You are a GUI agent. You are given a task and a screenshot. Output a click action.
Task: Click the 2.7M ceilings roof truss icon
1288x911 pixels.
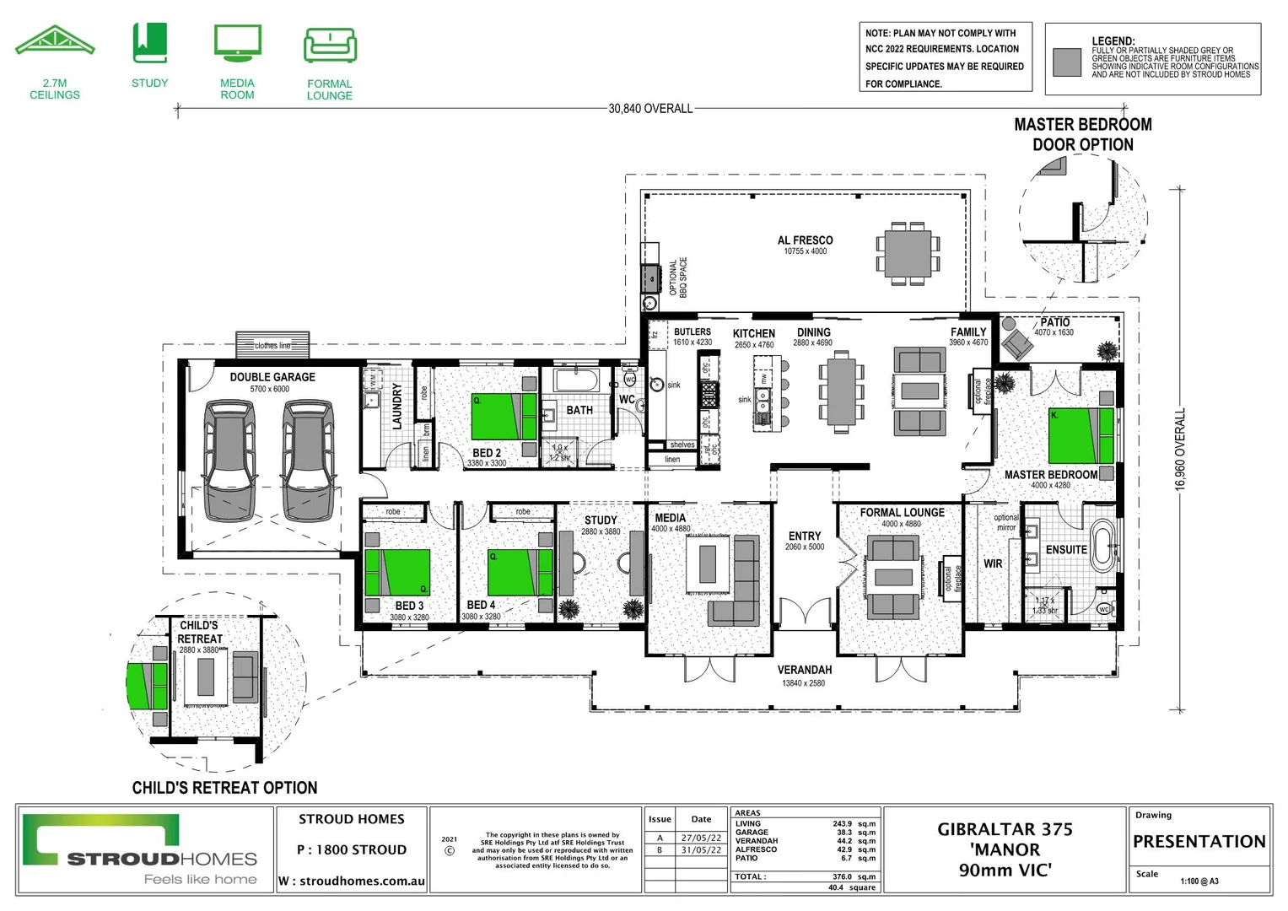(55, 42)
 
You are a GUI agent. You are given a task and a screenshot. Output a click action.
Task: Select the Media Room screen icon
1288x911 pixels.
(237, 43)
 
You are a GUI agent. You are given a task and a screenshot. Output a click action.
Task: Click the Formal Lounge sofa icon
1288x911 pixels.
(330, 46)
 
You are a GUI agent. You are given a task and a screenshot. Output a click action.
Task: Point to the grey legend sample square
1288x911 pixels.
(1067, 62)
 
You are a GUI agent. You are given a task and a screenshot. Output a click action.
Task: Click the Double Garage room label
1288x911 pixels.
(272, 377)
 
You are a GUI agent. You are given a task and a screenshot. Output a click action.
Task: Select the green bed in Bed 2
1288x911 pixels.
(504, 416)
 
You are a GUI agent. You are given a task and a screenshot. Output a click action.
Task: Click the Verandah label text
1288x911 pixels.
(804, 670)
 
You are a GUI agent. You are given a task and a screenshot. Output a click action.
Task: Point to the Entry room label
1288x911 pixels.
(804, 536)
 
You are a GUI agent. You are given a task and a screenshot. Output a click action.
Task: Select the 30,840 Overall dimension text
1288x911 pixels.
(650, 109)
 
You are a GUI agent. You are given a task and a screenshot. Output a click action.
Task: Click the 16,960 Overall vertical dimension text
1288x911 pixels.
(1180, 449)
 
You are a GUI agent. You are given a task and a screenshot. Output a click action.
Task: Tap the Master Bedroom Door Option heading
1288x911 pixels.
(1083, 134)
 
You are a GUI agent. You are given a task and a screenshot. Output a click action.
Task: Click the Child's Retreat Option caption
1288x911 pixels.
(224, 788)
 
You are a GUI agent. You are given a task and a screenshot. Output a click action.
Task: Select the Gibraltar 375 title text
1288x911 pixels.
(1005, 829)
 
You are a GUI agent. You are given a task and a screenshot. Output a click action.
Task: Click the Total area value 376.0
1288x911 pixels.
(842, 876)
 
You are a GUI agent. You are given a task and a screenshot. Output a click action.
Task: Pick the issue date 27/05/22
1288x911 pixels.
(701, 838)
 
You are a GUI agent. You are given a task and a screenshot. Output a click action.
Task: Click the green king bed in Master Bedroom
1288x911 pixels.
(1081, 435)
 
